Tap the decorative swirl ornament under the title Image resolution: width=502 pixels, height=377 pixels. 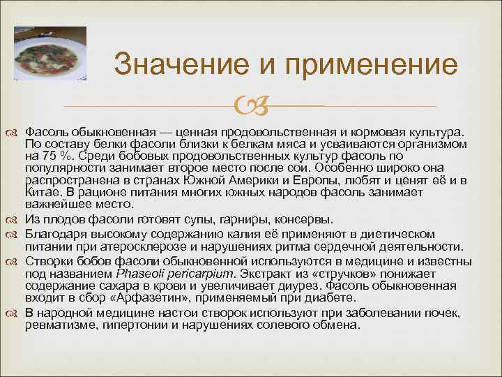(x=250, y=107)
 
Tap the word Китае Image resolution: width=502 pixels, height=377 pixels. (x=43, y=192)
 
